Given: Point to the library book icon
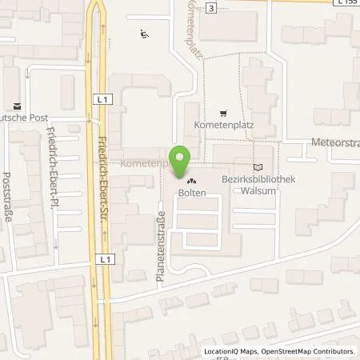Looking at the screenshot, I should click(x=257, y=166).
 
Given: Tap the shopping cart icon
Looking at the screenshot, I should click(x=223, y=113).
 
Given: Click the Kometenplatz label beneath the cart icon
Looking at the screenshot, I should click(x=218, y=126).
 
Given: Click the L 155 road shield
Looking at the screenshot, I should click(x=346, y=3).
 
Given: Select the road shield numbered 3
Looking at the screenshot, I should click(x=210, y=7).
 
